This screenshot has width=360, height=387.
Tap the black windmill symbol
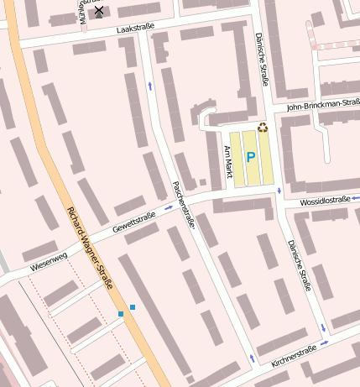click(x=99, y=11)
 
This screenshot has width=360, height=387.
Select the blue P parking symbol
click(x=250, y=156)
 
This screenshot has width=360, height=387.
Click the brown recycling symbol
click(x=263, y=128)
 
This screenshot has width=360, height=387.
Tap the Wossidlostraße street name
click(x=324, y=201)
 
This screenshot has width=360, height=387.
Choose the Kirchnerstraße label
click(x=294, y=356)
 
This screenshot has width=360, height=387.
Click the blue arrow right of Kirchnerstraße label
click(x=322, y=343)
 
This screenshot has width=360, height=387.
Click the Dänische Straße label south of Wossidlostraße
click(x=300, y=264)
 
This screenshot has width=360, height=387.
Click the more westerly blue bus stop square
click(x=121, y=314)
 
